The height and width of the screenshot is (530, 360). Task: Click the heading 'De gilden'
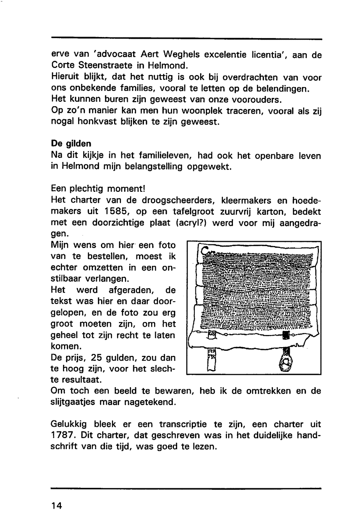[x=71, y=144]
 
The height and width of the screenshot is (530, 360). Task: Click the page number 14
[x=57, y=506]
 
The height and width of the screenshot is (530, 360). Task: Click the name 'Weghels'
[x=180, y=55]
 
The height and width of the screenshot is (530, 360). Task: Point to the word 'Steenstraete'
[x=104, y=66]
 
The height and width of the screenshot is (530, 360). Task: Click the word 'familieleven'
[x=159, y=155]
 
